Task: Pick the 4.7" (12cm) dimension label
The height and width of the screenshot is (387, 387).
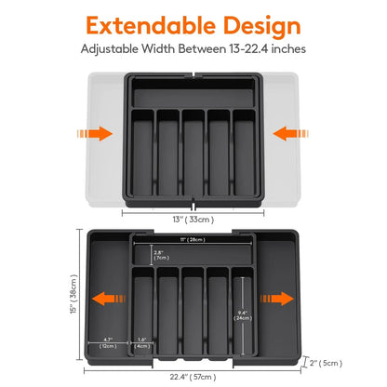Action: (109, 342)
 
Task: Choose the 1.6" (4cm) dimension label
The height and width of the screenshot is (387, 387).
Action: (141, 342)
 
